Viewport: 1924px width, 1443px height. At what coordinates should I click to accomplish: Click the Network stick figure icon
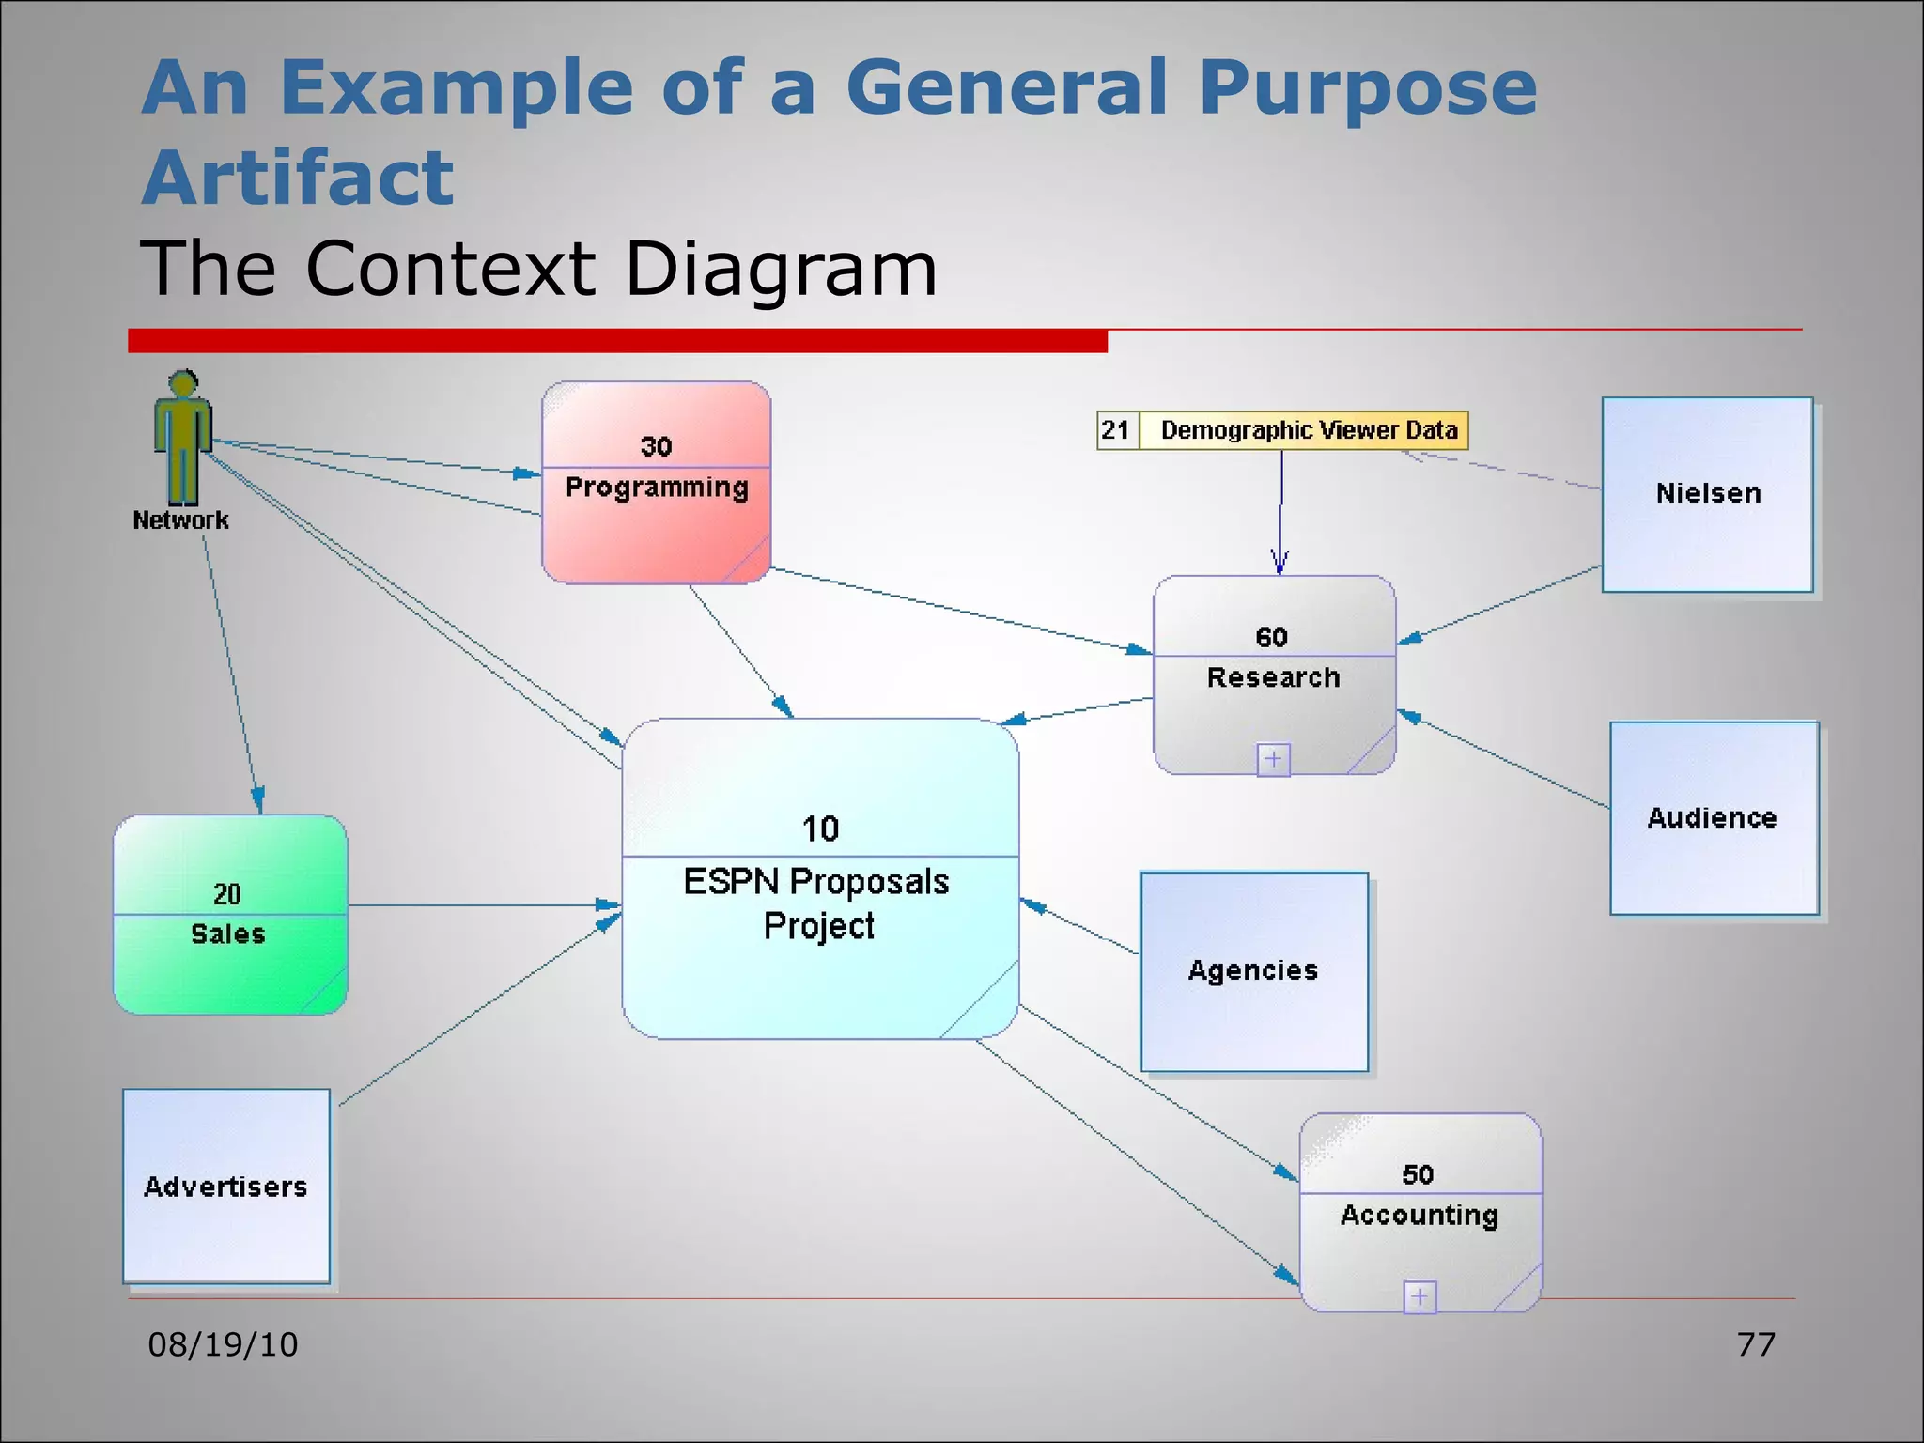tap(182, 437)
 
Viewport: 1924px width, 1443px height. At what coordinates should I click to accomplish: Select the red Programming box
tap(656, 483)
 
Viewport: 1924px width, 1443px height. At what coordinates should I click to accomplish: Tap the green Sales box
tap(230, 914)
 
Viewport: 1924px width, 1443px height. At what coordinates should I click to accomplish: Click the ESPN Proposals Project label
tap(817, 903)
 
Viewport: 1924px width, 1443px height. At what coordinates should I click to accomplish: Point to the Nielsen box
tap(1707, 494)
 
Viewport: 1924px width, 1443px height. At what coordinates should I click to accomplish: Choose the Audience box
tap(1714, 818)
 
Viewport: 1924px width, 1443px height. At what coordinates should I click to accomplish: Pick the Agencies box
tap(1253, 971)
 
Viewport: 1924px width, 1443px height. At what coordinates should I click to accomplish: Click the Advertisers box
tap(226, 1187)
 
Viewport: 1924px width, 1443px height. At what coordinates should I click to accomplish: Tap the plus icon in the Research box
tap(1273, 759)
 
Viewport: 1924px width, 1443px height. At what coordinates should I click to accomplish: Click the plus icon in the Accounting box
tap(1420, 1297)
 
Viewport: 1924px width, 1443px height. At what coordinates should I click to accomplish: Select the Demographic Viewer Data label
tap(1309, 430)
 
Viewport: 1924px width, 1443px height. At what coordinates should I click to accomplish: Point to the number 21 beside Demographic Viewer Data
tap(1116, 430)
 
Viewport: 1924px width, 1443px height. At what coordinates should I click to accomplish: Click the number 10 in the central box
tap(820, 829)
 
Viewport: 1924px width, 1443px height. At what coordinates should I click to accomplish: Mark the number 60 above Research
tap(1272, 637)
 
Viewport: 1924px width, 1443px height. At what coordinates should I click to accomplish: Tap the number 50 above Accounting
tap(1418, 1174)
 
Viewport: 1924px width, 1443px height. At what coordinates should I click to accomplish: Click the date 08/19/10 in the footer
tap(223, 1344)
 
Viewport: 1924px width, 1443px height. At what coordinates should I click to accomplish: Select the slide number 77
tap(1756, 1344)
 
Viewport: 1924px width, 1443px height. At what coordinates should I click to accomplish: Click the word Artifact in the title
tap(298, 178)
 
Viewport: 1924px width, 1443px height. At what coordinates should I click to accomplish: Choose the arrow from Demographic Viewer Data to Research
tap(1280, 512)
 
